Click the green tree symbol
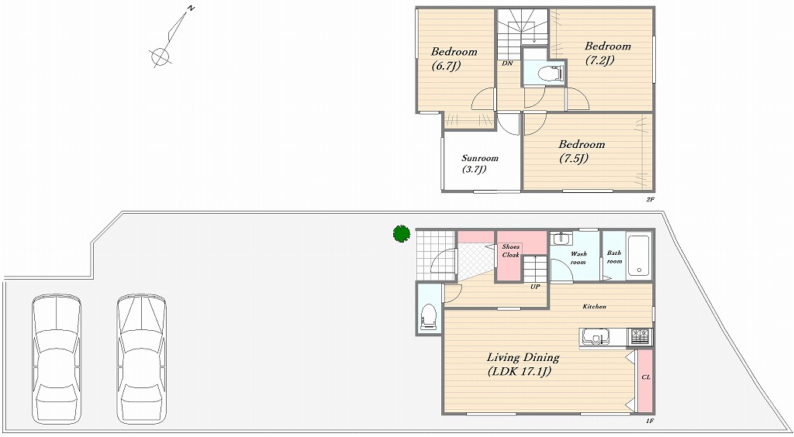[402, 233]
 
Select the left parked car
[57, 358]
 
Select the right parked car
[142, 358]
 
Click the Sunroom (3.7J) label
[479, 164]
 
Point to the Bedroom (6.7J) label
[454, 58]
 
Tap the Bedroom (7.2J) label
[607, 53]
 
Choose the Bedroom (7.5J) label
[582, 151]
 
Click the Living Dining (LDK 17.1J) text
[523, 364]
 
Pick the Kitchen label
[595, 307]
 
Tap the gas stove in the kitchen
[640, 336]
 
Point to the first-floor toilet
[428, 317]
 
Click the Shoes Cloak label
[511, 251]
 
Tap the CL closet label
[646, 377]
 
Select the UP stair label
[535, 287]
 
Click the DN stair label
[506, 64]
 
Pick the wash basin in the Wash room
[561, 238]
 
